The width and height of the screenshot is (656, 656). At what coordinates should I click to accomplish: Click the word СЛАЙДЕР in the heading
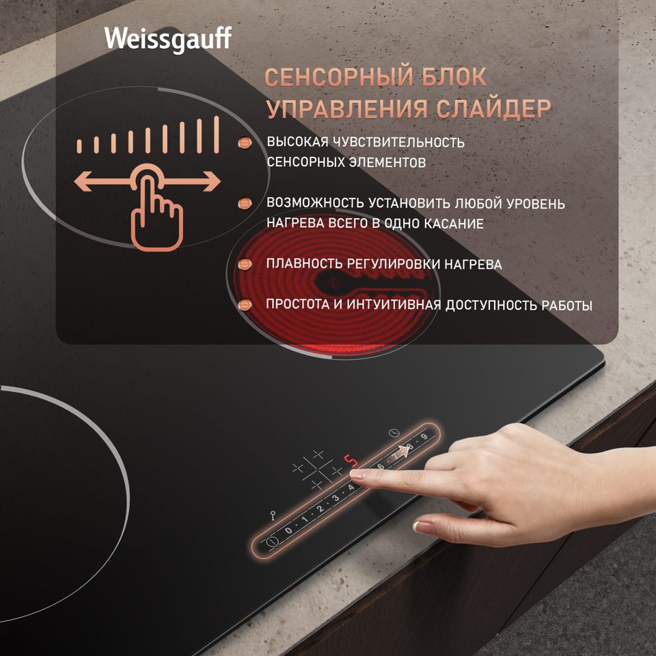[493, 109]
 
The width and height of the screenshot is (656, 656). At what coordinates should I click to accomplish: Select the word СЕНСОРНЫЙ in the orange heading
[337, 77]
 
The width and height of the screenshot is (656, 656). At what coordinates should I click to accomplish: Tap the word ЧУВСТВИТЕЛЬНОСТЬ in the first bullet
[398, 142]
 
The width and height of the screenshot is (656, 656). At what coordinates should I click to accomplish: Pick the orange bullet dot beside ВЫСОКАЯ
[245, 143]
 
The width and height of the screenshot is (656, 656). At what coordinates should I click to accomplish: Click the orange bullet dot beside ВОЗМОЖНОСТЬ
[245, 204]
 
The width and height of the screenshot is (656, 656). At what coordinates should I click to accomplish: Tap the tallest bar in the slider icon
[217, 135]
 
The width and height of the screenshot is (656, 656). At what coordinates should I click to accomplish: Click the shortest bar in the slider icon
[79, 146]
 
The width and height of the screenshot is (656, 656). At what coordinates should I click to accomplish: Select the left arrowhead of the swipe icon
[83, 182]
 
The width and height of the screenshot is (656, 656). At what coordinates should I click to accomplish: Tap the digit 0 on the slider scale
[288, 530]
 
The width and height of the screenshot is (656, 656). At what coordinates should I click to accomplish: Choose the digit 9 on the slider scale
[424, 437]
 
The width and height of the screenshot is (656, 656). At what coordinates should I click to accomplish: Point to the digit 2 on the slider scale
[320, 508]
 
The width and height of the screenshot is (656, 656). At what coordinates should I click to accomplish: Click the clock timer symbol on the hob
[394, 433]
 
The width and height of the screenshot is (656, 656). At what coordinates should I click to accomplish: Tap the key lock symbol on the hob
[273, 515]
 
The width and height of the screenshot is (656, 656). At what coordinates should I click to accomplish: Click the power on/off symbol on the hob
[273, 541]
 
